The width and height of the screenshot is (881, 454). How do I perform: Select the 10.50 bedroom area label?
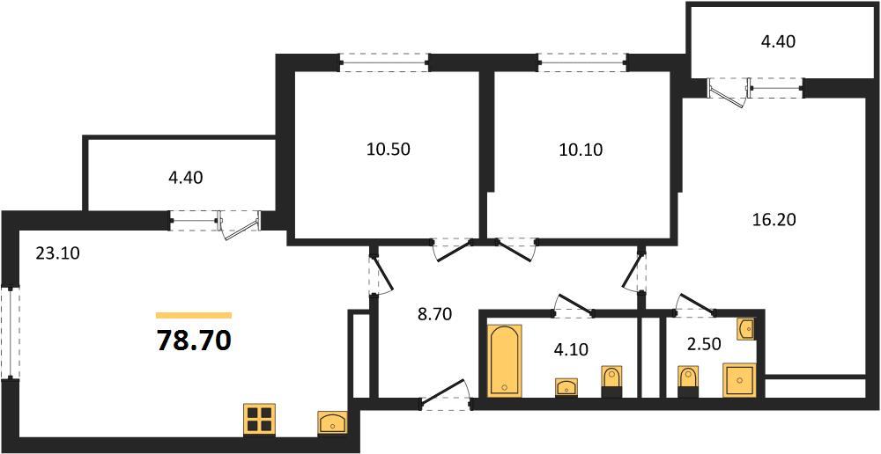(x=389, y=149)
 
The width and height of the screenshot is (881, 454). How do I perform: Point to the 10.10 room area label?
(x=580, y=149)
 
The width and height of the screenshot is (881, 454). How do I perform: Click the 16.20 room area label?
(x=774, y=219)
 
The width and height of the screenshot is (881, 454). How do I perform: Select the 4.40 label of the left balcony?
(x=185, y=178)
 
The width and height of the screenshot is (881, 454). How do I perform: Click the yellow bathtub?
(x=505, y=360)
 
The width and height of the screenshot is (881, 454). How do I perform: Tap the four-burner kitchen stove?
(x=260, y=420)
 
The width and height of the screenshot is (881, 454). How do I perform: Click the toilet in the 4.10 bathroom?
(x=612, y=382)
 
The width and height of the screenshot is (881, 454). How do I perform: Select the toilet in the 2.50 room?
(x=688, y=382)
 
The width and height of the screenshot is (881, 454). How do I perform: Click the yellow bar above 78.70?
(x=194, y=314)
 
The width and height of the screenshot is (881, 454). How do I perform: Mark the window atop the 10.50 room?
(x=383, y=62)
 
